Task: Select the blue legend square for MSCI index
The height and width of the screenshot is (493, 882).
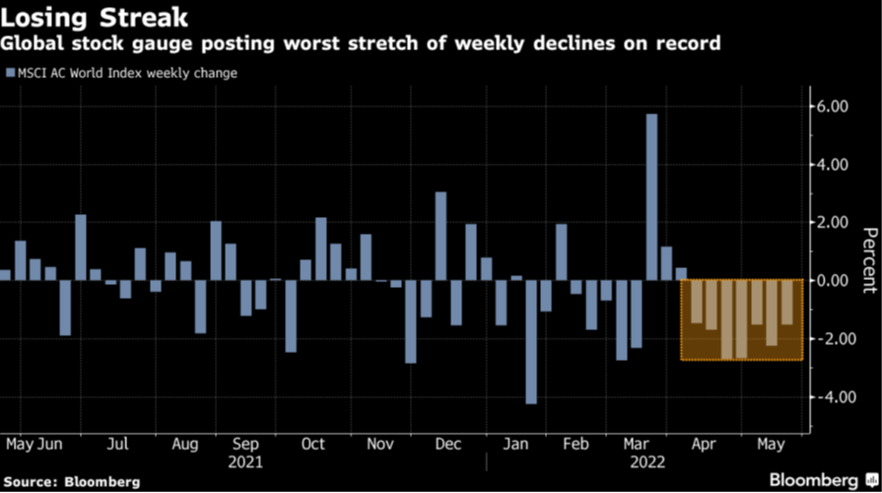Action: coord(10,73)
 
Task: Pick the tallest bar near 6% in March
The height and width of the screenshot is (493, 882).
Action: coord(651,196)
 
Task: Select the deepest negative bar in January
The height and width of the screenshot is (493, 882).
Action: coord(531,341)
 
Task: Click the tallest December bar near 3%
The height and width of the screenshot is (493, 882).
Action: coord(441,236)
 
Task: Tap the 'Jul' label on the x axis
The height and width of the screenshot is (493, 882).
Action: coord(117,445)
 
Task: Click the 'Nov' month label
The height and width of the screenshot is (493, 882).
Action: coord(380,445)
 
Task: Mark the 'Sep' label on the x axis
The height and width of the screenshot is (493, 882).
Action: coord(245,445)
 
